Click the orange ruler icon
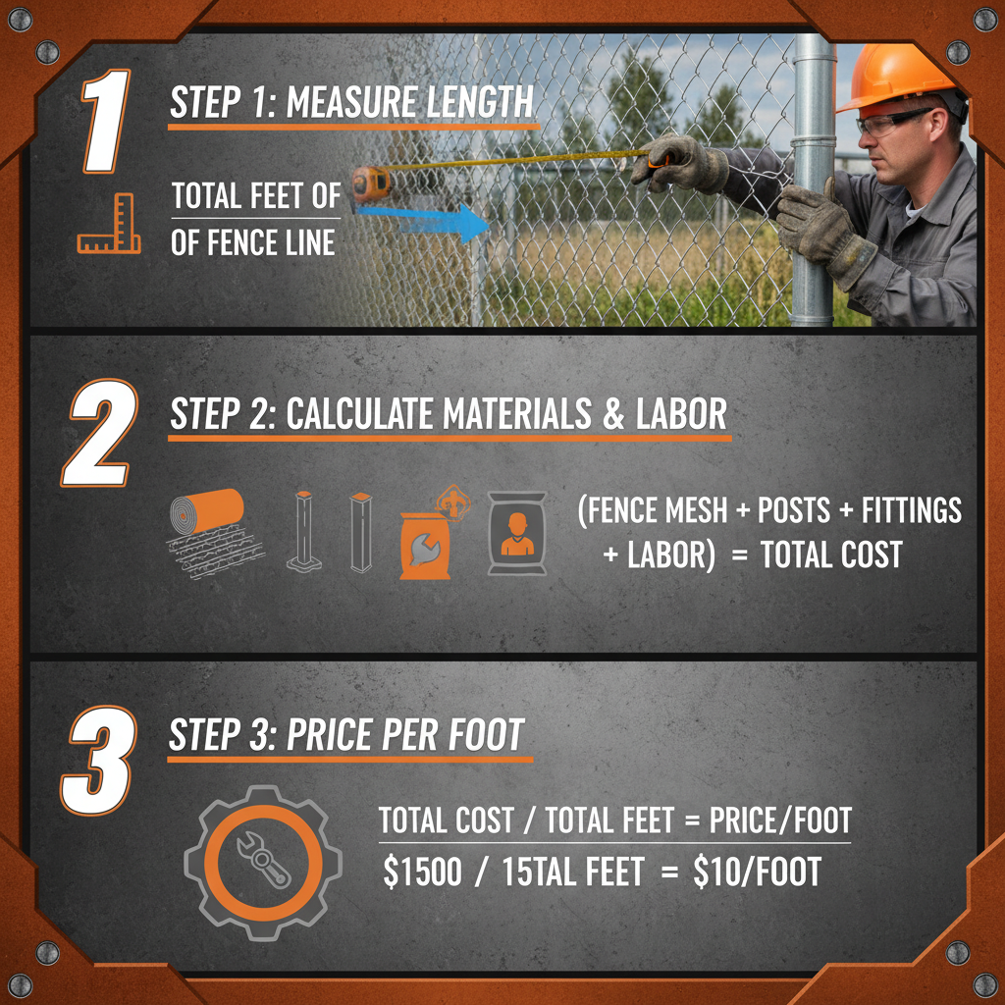click(x=109, y=225)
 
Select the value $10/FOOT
click(x=756, y=872)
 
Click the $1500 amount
click(x=422, y=872)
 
